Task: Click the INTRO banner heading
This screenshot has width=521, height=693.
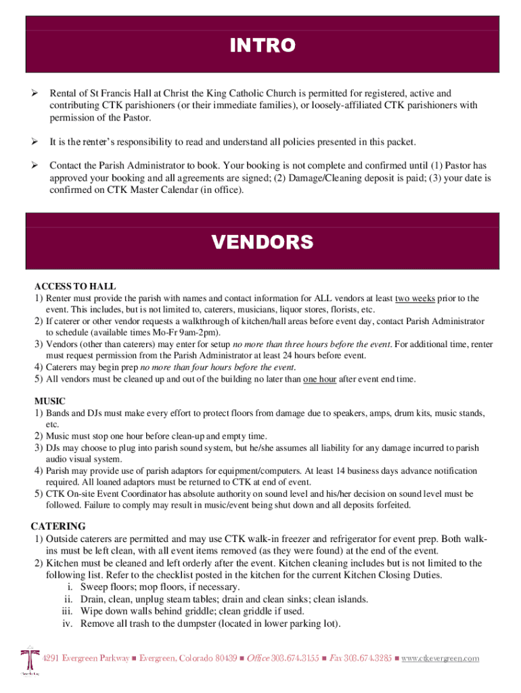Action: (263, 45)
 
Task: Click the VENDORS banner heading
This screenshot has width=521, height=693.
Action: (263, 242)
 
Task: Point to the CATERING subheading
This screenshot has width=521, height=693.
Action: (58, 526)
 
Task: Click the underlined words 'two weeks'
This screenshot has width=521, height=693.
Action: (415, 298)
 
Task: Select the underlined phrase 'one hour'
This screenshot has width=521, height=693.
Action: (319, 379)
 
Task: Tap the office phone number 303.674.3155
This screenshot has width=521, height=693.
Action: (295, 658)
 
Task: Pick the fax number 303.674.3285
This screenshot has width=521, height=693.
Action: (368, 658)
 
